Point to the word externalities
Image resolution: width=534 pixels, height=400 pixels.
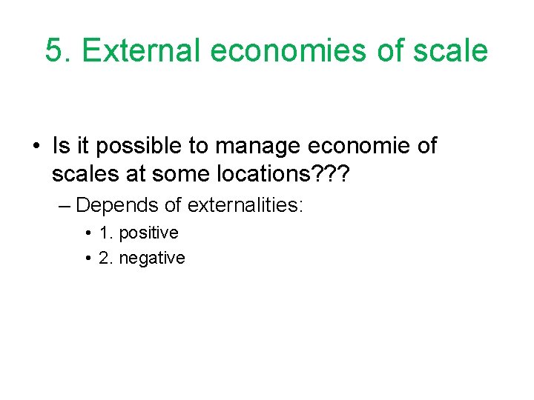(245, 204)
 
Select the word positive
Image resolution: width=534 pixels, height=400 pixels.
(148, 233)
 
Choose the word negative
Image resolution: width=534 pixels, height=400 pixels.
(152, 258)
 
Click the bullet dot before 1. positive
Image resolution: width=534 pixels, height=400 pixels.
(89, 233)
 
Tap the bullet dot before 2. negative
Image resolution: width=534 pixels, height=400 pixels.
(89, 258)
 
